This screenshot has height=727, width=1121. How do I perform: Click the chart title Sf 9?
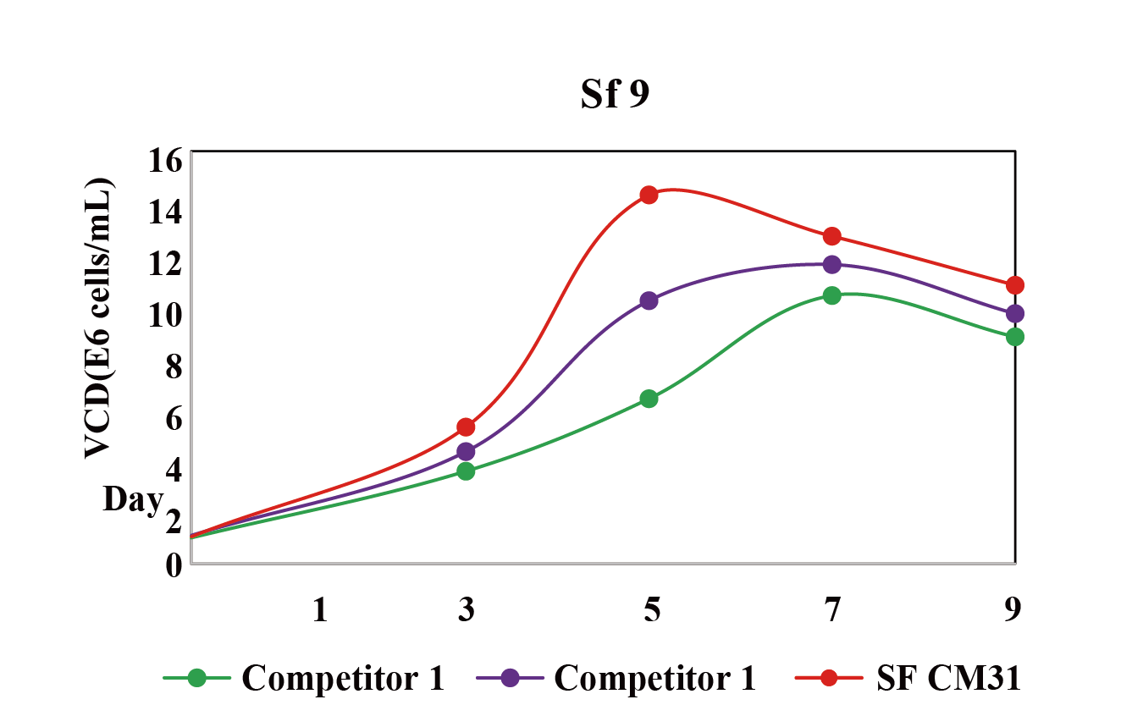(615, 95)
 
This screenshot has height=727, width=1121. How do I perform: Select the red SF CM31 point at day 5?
(649, 195)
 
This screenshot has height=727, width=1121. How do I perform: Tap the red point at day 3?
(466, 427)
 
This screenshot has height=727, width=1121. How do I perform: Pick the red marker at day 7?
(831, 235)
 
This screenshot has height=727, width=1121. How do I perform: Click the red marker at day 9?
(1014, 285)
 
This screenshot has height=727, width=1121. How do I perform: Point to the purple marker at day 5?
(649, 300)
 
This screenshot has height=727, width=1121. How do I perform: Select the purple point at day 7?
(831, 264)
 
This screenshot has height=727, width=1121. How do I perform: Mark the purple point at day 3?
(466, 451)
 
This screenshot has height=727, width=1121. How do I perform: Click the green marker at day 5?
(649, 399)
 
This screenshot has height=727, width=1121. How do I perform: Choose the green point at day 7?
(831, 295)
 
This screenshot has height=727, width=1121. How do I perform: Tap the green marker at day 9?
(1014, 337)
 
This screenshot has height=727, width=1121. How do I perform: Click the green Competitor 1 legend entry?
(305, 678)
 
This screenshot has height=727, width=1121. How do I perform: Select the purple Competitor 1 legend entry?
(617, 678)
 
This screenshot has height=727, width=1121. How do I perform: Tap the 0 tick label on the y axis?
(174, 565)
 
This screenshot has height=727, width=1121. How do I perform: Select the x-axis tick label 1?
(319, 609)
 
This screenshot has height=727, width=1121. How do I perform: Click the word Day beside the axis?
(133, 500)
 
